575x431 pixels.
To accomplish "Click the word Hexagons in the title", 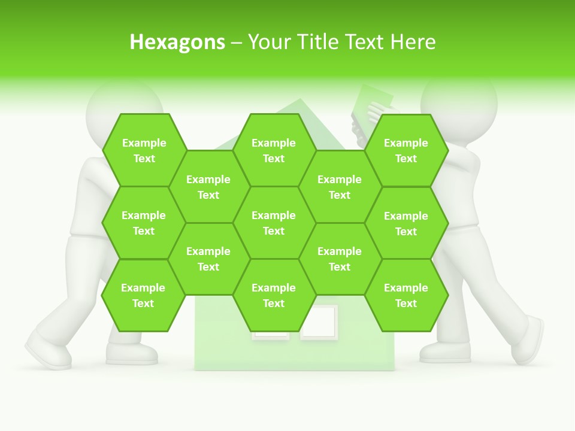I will click(x=177, y=42).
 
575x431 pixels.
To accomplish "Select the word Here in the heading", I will click(x=413, y=42).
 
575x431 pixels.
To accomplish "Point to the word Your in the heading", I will click(x=269, y=42).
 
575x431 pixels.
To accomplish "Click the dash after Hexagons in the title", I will click(x=237, y=43).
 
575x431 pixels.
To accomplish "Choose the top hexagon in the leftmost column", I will click(x=144, y=150).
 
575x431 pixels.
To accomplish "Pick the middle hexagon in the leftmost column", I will click(x=144, y=223).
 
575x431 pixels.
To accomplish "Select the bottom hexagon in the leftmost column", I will click(x=143, y=295).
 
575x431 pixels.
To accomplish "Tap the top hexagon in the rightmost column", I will click(x=406, y=150).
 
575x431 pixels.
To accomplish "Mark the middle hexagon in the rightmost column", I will click(x=406, y=223).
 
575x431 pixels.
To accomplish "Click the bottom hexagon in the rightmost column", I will click(x=406, y=295).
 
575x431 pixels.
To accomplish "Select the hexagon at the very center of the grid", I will click(x=274, y=223).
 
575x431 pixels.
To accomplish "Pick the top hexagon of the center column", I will click(x=274, y=150).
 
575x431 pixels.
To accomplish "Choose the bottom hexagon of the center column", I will click(x=274, y=295).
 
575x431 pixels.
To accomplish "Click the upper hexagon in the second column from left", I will click(x=208, y=187).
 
